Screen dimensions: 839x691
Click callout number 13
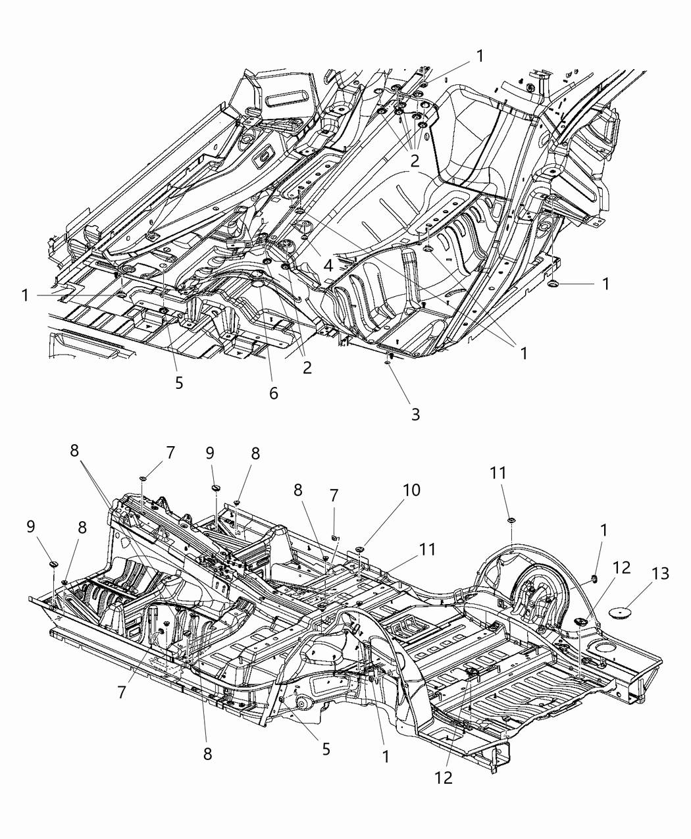tap(660, 573)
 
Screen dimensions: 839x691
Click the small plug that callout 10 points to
tap(360, 547)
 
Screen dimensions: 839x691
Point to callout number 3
tap(415, 414)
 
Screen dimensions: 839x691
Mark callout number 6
tap(273, 394)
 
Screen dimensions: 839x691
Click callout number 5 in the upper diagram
tap(179, 382)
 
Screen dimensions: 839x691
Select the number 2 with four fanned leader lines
tap(415, 161)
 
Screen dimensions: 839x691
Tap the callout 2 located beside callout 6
tap(307, 368)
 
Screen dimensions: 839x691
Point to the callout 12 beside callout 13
tap(621, 567)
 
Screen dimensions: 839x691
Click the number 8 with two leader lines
tap(74, 451)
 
